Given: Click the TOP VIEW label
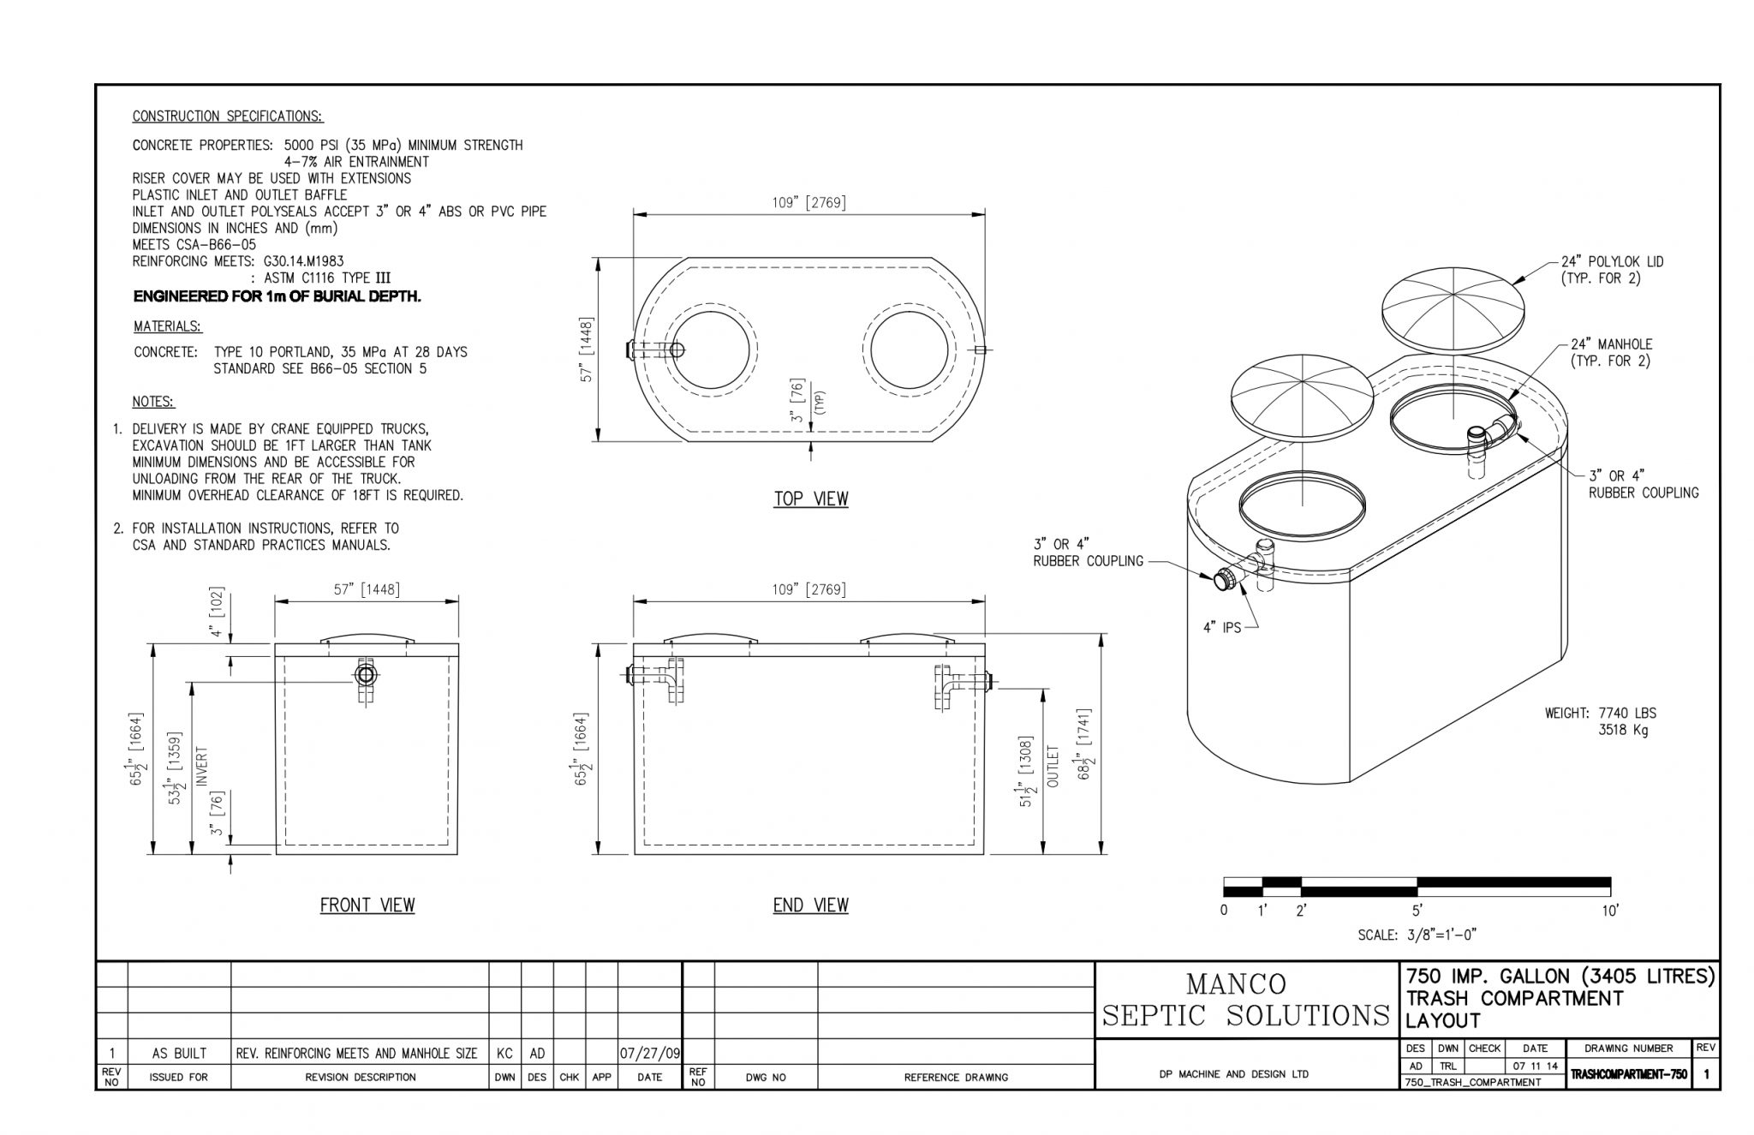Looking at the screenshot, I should [811, 499].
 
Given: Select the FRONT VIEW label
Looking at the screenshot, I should [367, 905].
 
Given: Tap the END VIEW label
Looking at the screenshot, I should [810, 905].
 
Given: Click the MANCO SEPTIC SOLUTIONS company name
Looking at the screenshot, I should [1245, 1000].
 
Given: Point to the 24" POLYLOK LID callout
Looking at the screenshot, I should [1612, 270].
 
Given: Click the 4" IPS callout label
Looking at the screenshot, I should [1222, 627].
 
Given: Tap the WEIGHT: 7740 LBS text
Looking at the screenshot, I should [1600, 713].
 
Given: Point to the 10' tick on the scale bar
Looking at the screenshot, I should [1610, 911].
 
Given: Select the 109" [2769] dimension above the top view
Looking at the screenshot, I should [808, 203].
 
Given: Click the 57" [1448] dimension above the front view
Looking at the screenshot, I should [366, 589].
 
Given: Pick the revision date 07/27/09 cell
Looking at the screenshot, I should [650, 1053].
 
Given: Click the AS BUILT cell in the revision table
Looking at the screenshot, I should [179, 1053].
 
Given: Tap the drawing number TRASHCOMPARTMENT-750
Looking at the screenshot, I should [1628, 1074].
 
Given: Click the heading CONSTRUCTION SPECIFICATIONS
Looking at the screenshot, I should [228, 116].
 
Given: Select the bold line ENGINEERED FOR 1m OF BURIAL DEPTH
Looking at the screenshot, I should [277, 296].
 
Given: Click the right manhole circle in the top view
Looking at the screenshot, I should [909, 349].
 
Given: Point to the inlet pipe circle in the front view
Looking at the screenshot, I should [367, 675].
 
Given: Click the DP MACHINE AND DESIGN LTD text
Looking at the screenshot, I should [1233, 1074].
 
